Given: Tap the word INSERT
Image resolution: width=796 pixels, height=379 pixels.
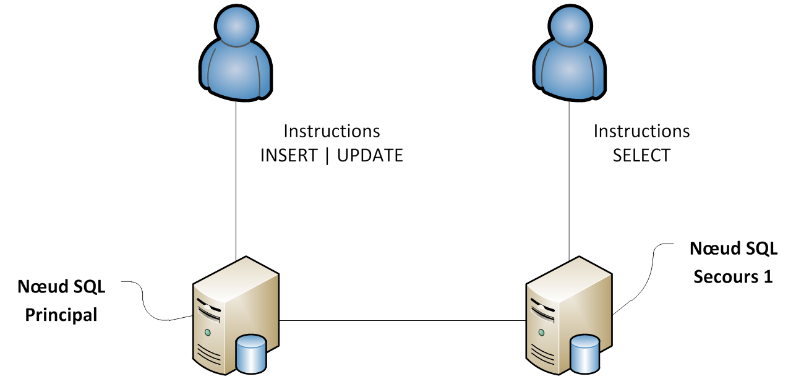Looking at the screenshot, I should (x=289, y=155).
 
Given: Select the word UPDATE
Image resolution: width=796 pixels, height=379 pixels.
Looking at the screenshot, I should (x=370, y=155).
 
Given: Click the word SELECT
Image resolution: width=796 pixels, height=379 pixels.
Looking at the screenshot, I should (x=641, y=155).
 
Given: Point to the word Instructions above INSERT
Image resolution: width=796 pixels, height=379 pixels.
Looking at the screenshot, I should (x=332, y=131).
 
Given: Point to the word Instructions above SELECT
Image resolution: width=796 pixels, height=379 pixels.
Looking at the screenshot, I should (x=641, y=131).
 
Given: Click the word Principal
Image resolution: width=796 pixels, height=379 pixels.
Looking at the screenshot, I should (x=61, y=314).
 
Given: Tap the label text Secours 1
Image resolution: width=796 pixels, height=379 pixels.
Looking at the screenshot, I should (x=733, y=276).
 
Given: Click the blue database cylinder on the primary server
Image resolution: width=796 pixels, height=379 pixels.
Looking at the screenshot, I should (x=251, y=354).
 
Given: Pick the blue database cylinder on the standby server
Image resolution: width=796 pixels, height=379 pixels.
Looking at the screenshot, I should (x=584, y=354).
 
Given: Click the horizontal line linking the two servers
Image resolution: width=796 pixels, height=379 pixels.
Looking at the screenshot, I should (x=402, y=320).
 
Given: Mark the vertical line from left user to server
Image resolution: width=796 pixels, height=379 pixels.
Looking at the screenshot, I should (x=236, y=185).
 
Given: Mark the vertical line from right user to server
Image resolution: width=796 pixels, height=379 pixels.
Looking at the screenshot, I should (x=569, y=185).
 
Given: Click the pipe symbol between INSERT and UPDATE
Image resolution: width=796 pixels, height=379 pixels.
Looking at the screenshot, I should (x=327, y=155).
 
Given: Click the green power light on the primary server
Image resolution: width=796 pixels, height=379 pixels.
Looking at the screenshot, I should (x=208, y=333).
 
